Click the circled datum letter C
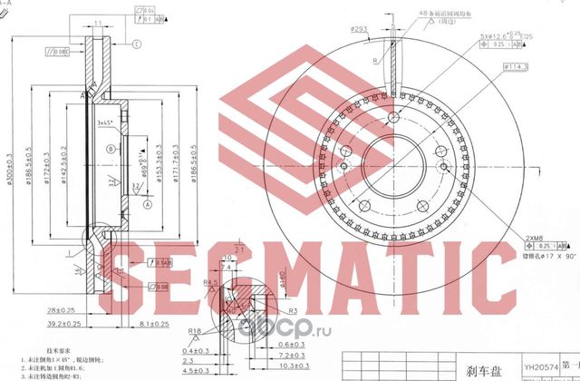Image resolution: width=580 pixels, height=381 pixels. click(137, 44)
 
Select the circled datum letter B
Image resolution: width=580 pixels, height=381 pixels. click(111, 148)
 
